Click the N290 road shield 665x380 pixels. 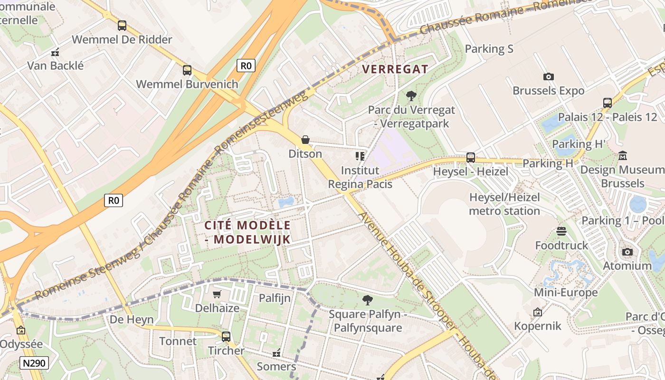click(34, 363)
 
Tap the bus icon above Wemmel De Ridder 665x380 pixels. click(122, 26)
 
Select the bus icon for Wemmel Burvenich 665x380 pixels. click(187, 70)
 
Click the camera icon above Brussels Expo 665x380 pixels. click(548, 76)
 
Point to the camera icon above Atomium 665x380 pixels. click(627, 252)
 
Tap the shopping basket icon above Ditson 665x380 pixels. click(305, 140)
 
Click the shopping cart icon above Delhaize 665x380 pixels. click(217, 294)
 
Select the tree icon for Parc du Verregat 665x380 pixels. click(411, 96)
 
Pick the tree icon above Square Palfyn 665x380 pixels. click(367, 300)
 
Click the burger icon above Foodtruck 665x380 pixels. click(561, 231)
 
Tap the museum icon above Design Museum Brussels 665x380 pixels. click(622, 155)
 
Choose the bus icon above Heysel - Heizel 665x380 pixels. click(470, 157)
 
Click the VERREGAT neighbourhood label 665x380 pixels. click(395, 69)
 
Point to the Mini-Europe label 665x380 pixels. click(566, 292)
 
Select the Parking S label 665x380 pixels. click(489, 48)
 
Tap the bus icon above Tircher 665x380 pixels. click(226, 337)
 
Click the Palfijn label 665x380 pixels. click(275, 298)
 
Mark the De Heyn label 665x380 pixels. click(132, 319)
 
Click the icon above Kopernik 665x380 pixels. click(538, 312)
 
